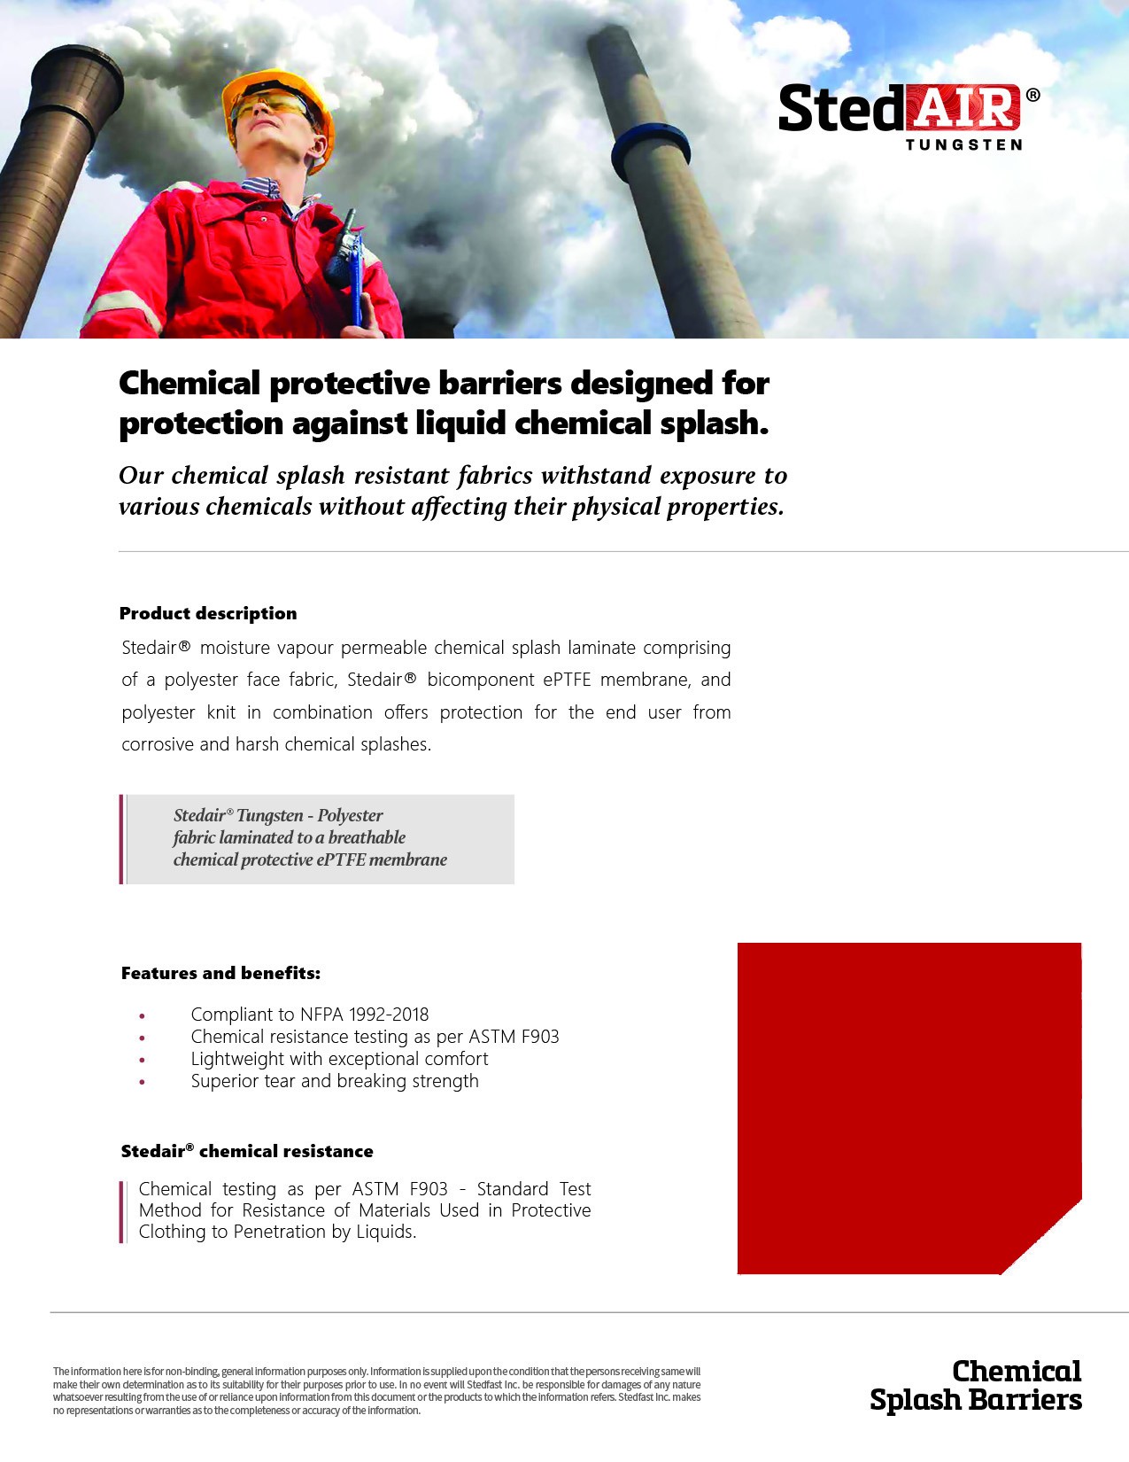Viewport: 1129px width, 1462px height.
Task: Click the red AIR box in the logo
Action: [x=963, y=107]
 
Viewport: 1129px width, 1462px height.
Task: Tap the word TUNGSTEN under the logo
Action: [x=963, y=144]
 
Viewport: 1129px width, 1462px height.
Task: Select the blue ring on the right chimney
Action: [x=650, y=150]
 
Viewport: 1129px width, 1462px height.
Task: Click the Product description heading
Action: [x=208, y=613]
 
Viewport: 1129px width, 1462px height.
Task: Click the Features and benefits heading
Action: [x=220, y=973]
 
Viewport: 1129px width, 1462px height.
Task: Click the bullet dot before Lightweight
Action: [x=142, y=1060]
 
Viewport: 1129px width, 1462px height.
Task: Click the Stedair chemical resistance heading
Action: [x=247, y=1151]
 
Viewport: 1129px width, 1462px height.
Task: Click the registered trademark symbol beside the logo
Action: [x=1032, y=95]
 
